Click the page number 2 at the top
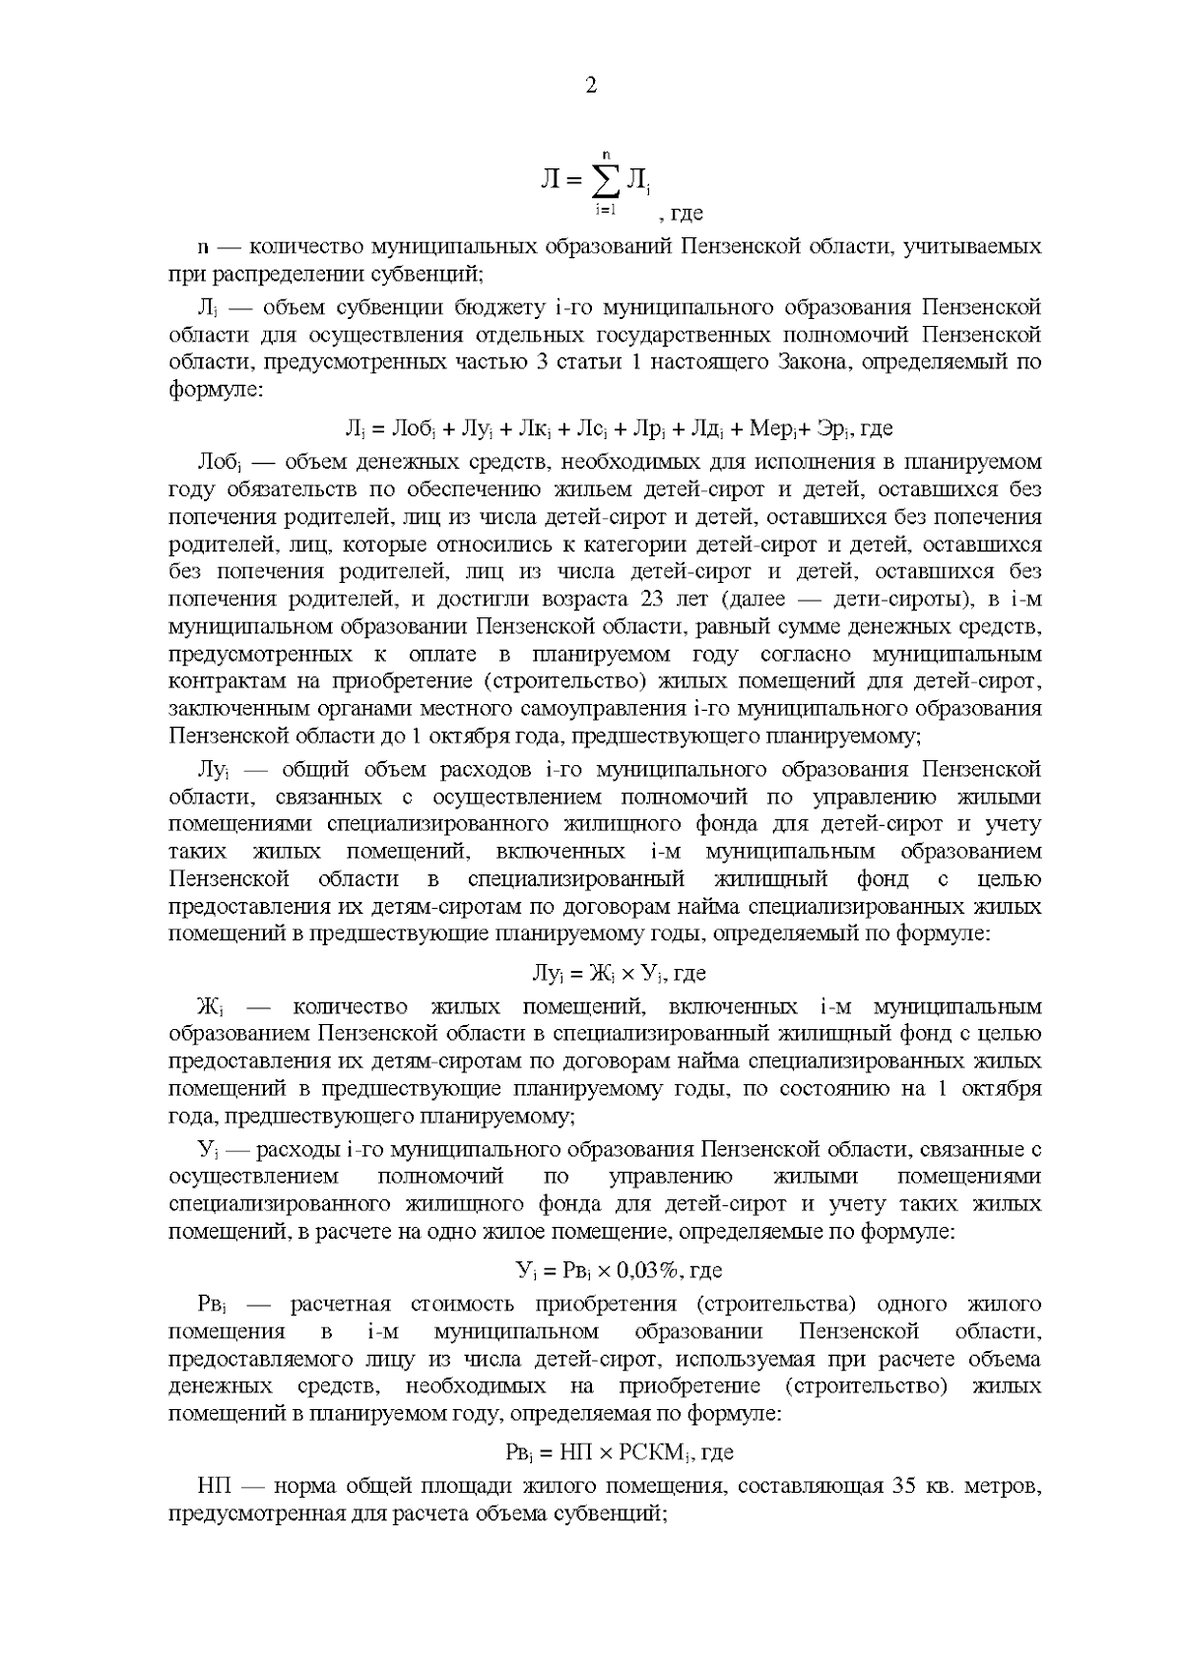point(591,86)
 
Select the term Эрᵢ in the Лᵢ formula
point(835,428)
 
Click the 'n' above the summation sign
point(607,152)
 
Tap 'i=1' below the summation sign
point(605,209)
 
